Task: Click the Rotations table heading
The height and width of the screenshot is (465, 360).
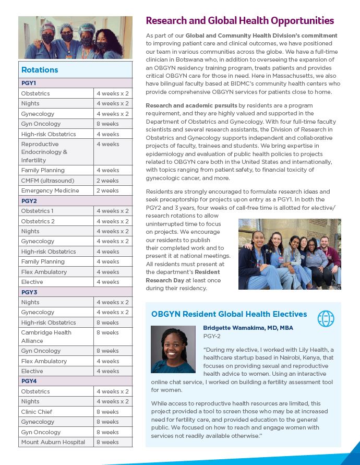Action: (x=40, y=70)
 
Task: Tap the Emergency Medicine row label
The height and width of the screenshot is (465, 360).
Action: (x=50, y=190)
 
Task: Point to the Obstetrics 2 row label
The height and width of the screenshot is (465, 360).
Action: (x=38, y=221)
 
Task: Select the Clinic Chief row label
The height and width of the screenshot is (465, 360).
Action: (x=37, y=412)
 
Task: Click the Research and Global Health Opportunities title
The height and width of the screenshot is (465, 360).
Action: (x=239, y=21)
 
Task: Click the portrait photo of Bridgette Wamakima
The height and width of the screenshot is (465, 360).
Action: (x=173, y=349)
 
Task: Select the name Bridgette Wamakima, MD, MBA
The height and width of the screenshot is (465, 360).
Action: (x=248, y=328)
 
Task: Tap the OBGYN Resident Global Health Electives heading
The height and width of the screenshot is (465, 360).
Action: (x=229, y=314)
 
